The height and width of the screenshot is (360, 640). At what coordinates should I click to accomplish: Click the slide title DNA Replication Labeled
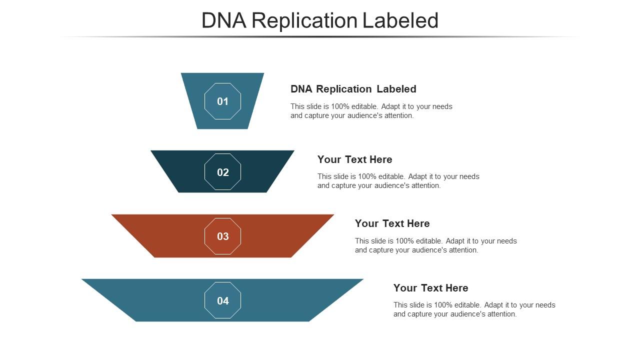point(320,20)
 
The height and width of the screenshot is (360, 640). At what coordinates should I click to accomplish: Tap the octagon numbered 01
point(222,101)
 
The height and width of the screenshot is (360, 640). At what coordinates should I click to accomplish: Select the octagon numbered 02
point(222,172)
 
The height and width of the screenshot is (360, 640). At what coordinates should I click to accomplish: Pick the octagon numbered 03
point(222,236)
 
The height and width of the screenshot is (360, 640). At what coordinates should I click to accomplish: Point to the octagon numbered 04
point(222,300)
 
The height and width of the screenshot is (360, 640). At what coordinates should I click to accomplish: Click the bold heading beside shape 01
point(353,89)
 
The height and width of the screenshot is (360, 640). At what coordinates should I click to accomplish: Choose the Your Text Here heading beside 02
point(354,159)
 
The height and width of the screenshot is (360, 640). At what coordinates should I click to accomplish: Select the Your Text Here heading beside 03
point(392,223)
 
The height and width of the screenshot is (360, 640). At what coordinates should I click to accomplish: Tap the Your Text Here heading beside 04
point(430,288)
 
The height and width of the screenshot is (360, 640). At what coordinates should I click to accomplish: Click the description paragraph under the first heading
point(371,111)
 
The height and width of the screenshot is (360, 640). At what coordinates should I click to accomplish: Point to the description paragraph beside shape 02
point(398,181)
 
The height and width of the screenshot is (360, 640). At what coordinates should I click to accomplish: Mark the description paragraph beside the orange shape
point(435,245)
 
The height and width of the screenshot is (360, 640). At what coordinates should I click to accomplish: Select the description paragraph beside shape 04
point(474,309)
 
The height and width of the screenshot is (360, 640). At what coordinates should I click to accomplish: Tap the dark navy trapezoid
point(260,172)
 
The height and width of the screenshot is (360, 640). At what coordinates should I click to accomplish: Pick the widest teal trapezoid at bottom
point(300,300)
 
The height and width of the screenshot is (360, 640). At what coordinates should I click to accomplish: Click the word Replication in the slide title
point(305,20)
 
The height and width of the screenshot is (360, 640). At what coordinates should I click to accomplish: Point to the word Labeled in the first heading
point(396,89)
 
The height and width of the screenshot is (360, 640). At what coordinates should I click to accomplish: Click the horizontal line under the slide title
point(320,37)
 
